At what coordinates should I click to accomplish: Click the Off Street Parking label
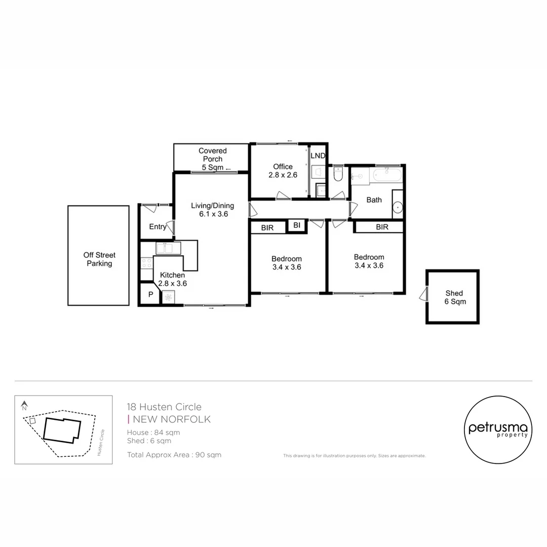99,259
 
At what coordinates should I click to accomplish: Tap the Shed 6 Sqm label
454,297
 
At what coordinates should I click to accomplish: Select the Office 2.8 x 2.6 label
283,170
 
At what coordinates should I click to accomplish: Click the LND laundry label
318,156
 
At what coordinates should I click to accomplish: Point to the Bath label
374,200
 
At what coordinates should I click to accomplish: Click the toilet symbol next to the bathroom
339,175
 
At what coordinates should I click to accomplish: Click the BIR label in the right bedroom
382,227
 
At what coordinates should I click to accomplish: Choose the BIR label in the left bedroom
267,228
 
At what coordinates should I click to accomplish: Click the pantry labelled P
150,294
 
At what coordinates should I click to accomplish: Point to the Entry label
158,227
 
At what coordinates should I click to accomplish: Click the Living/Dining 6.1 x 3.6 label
212,210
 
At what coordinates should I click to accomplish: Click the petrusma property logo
498,430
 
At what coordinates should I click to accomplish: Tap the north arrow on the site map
24,406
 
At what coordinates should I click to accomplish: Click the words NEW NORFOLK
172,419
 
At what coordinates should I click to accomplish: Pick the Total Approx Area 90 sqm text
174,455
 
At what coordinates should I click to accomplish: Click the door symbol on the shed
423,294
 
